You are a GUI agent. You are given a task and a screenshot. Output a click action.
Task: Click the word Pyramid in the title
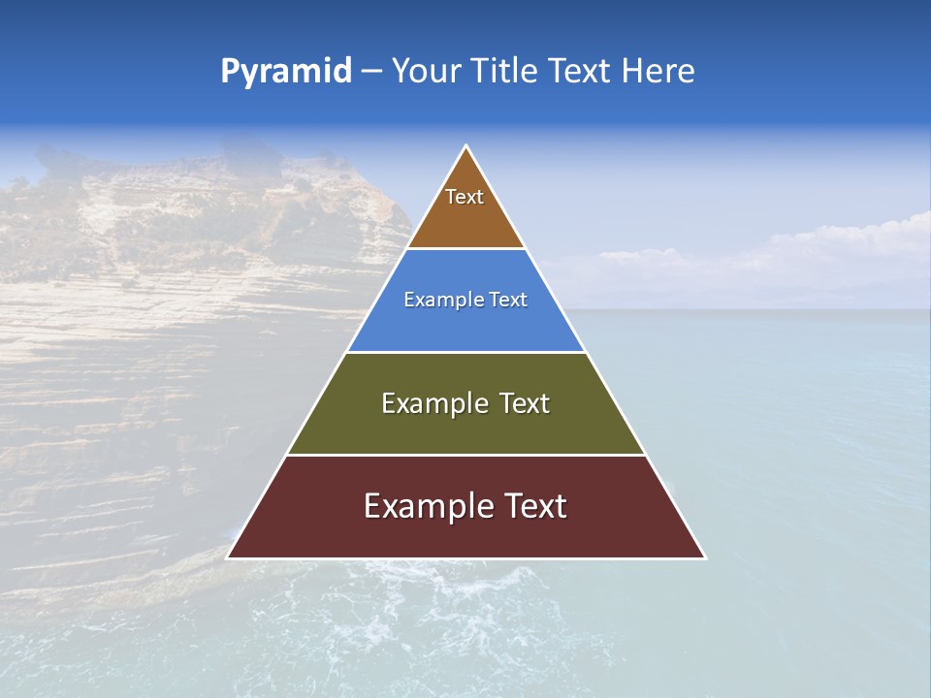[x=286, y=72]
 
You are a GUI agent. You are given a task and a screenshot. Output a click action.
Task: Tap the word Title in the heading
[x=505, y=72]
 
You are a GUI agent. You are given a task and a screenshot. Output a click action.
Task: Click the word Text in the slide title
[x=581, y=72]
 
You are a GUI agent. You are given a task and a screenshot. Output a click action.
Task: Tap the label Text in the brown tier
[x=465, y=197]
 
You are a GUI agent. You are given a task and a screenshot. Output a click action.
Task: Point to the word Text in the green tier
[x=526, y=403]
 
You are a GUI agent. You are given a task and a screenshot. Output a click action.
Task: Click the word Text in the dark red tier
[x=534, y=506]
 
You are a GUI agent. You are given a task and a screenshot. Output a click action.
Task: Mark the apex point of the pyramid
[x=466, y=147]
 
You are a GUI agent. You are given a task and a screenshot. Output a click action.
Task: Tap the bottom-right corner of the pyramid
[x=704, y=557]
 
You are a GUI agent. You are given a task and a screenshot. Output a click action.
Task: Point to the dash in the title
[x=371, y=72]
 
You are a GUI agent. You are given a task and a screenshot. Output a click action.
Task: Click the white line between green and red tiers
[x=465, y=455]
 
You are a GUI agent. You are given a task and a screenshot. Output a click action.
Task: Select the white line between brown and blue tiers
[x=465, y=249]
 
